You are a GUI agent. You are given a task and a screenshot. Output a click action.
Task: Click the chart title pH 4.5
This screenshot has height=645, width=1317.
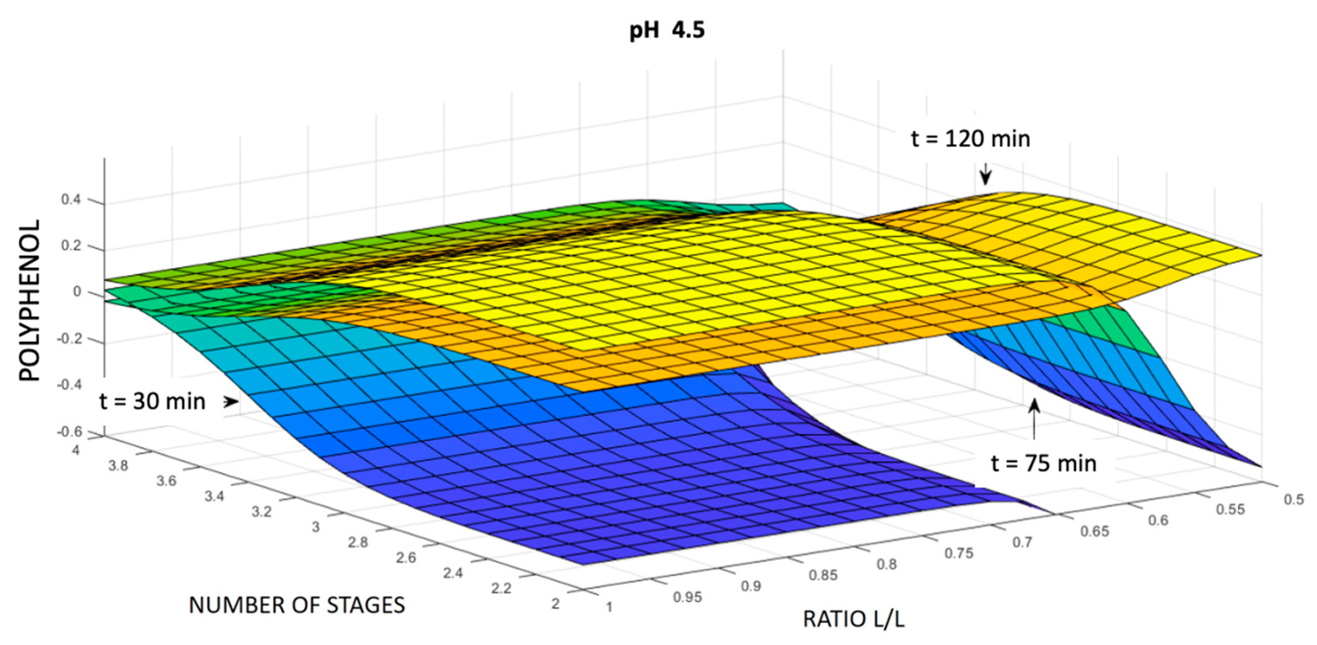pos(667,31)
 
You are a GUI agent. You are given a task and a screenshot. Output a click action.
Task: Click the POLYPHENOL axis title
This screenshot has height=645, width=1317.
pos(30,301)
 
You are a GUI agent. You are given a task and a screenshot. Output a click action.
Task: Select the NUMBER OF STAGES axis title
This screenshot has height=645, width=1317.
pos(297,605)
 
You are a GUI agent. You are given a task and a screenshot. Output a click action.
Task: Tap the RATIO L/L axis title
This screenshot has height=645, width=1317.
pos(853,619)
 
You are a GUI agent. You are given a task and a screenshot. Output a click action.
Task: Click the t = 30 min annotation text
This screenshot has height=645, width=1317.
pos(152,401)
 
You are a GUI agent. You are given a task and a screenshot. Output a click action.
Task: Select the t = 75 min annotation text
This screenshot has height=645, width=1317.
pos(1043,464)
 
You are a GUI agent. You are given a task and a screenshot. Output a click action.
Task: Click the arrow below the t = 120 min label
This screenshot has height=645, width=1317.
pos(985,175)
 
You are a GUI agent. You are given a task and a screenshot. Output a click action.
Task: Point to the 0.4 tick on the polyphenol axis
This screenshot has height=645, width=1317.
pos(71,200)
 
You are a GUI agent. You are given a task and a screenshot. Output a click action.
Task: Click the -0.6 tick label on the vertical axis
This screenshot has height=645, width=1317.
pos(70,432)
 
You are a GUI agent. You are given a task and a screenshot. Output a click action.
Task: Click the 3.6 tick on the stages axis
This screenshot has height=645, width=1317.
pos(166,481)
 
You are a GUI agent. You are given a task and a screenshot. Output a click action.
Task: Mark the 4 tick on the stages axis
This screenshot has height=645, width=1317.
pos(76,450)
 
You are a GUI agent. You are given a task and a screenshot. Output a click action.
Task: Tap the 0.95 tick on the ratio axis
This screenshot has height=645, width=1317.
pos(687,597)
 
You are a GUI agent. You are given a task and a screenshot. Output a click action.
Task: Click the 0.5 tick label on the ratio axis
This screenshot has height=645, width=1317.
pos(1293,499)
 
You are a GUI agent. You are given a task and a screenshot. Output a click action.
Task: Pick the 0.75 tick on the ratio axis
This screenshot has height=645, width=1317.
pos(959,553)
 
